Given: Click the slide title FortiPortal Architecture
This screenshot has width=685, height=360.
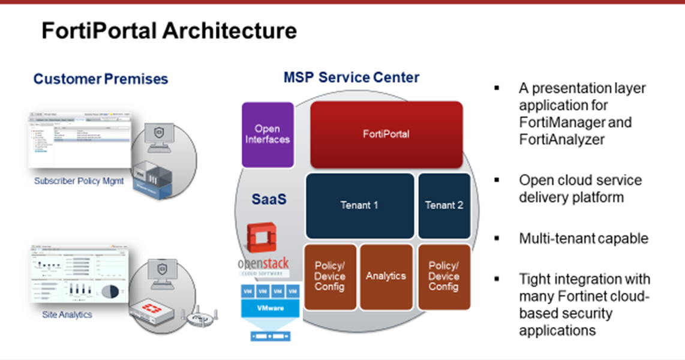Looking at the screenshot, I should (x=169, y=31).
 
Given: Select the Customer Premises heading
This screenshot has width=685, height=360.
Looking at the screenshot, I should (x=101, y=79).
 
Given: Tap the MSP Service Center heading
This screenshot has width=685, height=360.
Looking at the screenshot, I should (x=351, y=77).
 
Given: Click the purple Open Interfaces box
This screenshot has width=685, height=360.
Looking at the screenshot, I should (x=268, y=134).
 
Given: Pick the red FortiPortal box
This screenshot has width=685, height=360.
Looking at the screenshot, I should (x=386, y=134).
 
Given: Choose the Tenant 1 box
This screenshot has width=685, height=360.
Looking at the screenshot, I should (x=359, y=205).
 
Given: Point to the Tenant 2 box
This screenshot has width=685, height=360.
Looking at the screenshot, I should (x=444, y=205).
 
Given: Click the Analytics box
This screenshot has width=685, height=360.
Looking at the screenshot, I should (x=386, y=276).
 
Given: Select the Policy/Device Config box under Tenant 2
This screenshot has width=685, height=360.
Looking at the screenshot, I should (x=444, y=276).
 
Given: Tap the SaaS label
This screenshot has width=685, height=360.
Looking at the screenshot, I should (x=269, y=199).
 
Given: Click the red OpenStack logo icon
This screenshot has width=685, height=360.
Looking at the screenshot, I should (x=263, y=237).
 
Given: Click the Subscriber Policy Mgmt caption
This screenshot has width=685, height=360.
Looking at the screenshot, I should (x=79, y=181).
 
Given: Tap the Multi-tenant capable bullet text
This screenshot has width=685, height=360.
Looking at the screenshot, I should (x=584, y=238).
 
